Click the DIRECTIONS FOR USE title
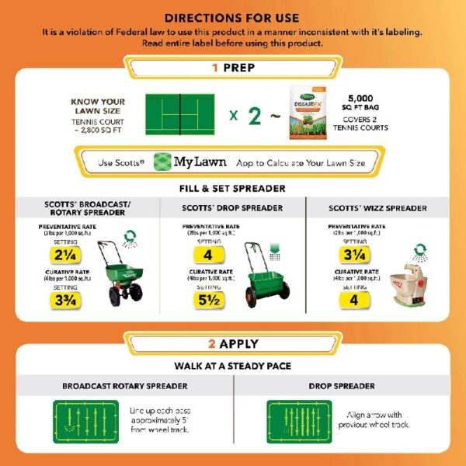click(x=232, y=17)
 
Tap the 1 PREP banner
click(x=233, y=68)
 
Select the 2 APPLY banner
click(x=233, y=343)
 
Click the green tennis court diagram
click(x=179, y=113)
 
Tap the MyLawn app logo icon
click(x=162, y=162)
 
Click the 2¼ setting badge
click(x=64, y=255)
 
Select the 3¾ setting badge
click(x=64, y=304)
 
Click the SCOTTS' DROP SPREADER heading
click(x=232, y=209)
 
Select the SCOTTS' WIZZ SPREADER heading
click(x=377, y=209)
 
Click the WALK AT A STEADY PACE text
click(x=232, y=366)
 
